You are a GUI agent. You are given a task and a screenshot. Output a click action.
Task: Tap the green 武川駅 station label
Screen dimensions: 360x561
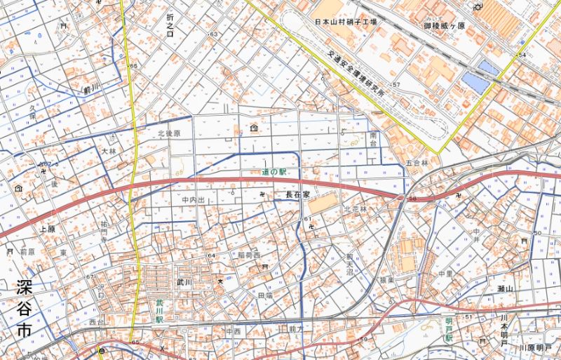pos(160,310)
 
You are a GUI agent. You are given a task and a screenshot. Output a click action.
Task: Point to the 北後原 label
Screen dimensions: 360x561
pos(169,133)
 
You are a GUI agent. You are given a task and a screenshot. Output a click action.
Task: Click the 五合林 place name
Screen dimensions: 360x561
pos(417,163)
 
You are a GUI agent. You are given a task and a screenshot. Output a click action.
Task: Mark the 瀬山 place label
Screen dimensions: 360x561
pos(506,289)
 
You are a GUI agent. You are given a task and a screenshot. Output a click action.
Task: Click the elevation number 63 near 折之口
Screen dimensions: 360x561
pos(212,34)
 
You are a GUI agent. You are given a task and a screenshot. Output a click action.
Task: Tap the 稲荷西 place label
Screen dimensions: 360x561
pos(249,254)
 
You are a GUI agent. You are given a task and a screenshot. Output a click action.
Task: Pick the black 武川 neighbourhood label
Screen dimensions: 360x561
pos(184,281)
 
